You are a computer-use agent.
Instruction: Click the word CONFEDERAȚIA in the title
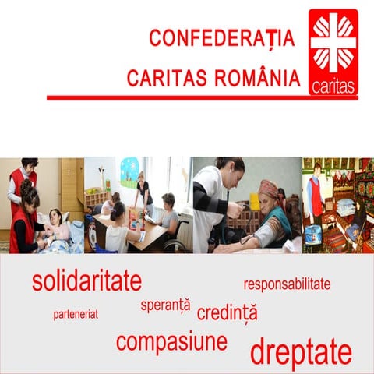pyautogui.click(x=222, y=37)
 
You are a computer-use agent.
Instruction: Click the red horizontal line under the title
pyautogui.click(x=203, y=97)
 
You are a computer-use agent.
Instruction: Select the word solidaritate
pyautogui.click(x=86, y=280)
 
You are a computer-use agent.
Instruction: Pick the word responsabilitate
pyautogui.click(x=287, y=284)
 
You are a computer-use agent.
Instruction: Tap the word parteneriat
pyautogui.click(x=76, y=315)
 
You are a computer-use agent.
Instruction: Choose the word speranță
pyautogui.click(x=165, y=305)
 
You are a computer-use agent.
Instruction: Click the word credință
pyautogui.click(x=227, y=313)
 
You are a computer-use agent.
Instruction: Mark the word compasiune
pyautogui.click(x=171, y=341)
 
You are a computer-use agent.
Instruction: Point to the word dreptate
pyautogui.click(x=300, y=352)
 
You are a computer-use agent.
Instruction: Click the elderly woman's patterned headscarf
pyautogui.click(x=268, y=189)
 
